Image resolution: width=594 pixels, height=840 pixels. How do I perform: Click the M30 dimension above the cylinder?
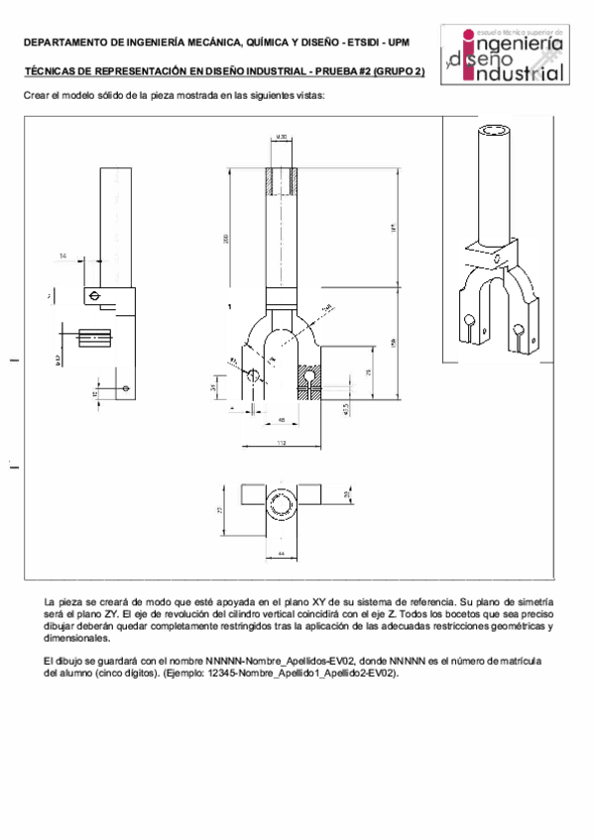pos(281,137)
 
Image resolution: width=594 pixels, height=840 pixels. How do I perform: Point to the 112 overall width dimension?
pos(282,442)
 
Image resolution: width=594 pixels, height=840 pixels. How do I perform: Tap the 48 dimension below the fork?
pos(282,421)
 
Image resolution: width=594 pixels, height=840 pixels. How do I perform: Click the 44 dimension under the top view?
pos(281,552)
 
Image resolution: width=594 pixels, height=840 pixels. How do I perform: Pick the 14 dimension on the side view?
pos(63,256)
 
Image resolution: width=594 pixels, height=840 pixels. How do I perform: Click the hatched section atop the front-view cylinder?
pos(282,180)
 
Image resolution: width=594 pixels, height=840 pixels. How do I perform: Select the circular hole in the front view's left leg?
pos(254,375)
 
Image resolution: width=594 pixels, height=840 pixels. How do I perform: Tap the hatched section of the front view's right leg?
pos(312,382)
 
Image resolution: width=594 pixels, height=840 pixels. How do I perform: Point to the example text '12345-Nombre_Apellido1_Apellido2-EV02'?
pos(318,673)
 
